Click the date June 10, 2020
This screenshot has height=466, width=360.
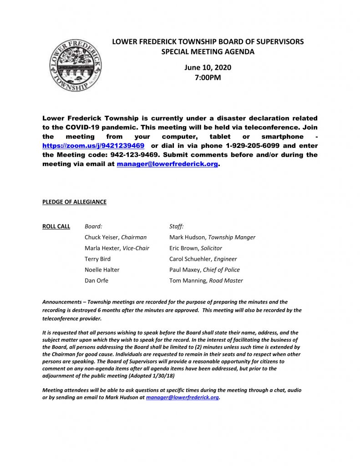(x=208, y=67)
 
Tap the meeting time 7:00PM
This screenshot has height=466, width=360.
(x=208, y=77)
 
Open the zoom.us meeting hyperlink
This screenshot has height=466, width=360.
(x=93, y=146)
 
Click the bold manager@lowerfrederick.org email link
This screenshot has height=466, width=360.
(x=167, y=165)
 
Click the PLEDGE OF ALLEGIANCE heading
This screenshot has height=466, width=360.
(x=74, y=202)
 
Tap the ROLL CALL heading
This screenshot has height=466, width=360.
(x=56, y=226)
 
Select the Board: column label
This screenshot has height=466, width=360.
(x=93, y=226)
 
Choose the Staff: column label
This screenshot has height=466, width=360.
(x=177, y=226)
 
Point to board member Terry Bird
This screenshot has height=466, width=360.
(x=97, y=259)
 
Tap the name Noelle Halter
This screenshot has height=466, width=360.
(x=102, y=270)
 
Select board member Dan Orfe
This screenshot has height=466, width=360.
(x=96, y=281)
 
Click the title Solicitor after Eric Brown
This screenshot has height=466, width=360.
(x=211, y=248)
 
